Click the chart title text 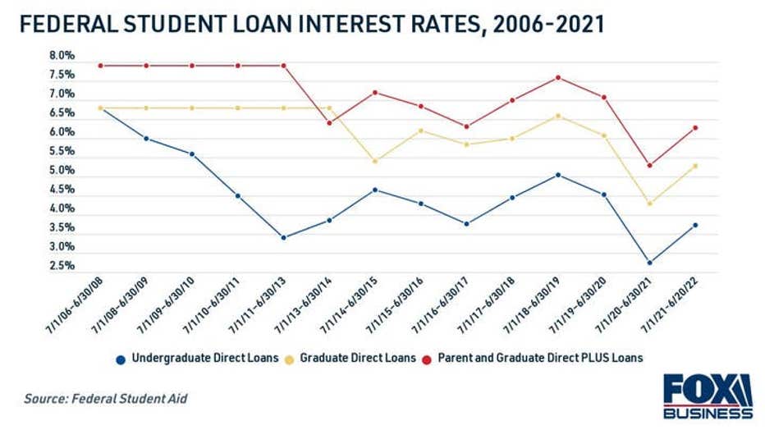(x=311, y=25)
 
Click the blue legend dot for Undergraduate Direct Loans (x=121, y=358)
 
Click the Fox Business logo (x=707, y=396)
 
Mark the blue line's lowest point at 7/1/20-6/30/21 (x=650, y=263)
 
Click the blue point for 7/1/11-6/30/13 (x=283, y=237)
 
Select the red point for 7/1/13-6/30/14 (x=329, y=123)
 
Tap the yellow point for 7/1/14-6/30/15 (x=375, y=161)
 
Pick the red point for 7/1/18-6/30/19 (x=558, y=78)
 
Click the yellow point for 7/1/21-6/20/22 (x=696, y=166)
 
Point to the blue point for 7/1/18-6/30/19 (x=558, y=175)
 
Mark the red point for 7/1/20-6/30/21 (x=650, y=165)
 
